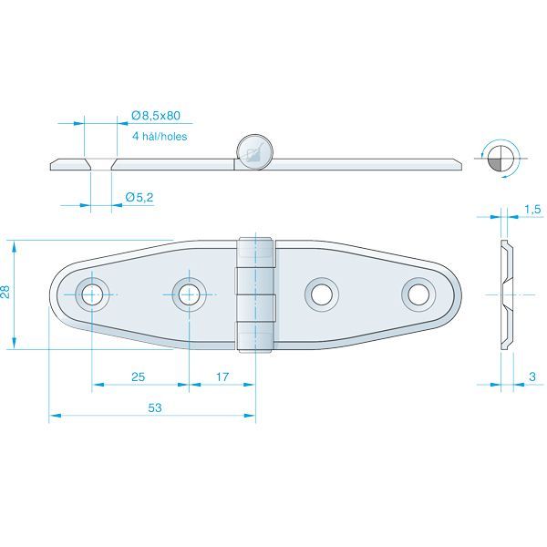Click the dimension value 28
pos(7,294)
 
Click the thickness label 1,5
pos(533,210)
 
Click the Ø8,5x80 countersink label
pos(156,116)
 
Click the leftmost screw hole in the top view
pos(91,294)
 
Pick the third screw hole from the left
pos(321,294)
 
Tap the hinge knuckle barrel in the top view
pos(256,294)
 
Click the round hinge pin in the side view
pos(253,151)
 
